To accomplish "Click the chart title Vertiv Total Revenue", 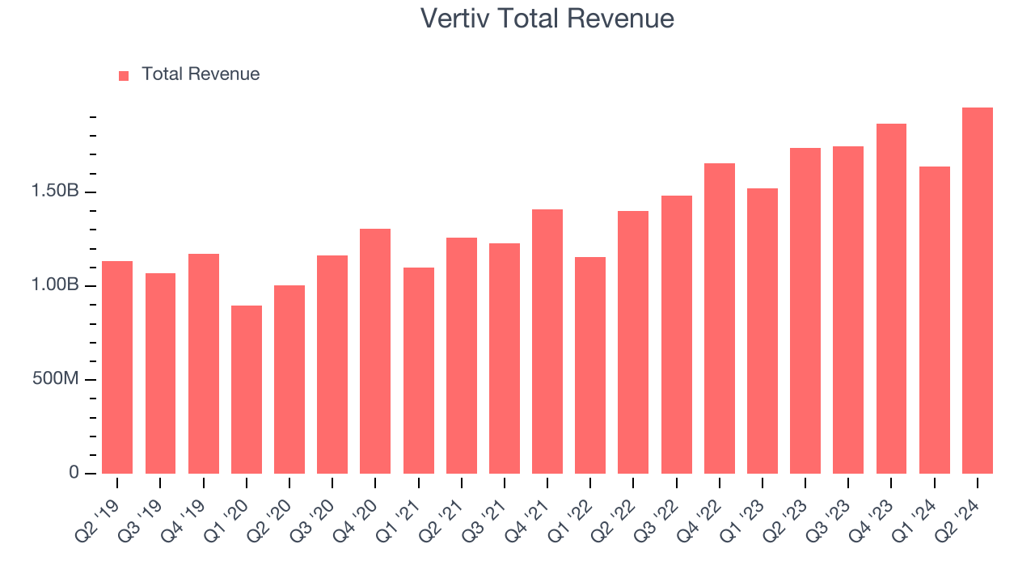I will (x=547, y=18).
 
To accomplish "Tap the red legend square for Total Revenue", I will (x=124, y=75).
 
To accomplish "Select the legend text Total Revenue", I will (x=201, y=74).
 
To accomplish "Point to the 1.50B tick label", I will (x=54, y=192).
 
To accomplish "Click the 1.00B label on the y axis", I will (x=54, y=286).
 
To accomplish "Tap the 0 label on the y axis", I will (x=74, y=473).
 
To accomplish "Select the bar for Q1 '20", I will (x=247, y=390).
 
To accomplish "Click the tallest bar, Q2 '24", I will (x=978, y=291).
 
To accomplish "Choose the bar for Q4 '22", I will (x=720, y=318).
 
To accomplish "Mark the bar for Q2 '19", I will (x=117, y=368).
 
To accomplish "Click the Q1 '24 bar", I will (x=935, y=320).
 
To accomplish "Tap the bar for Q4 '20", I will (x=375, y=352).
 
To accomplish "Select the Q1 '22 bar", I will (x=590, y=365).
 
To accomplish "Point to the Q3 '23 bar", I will (x=848, y=310).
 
